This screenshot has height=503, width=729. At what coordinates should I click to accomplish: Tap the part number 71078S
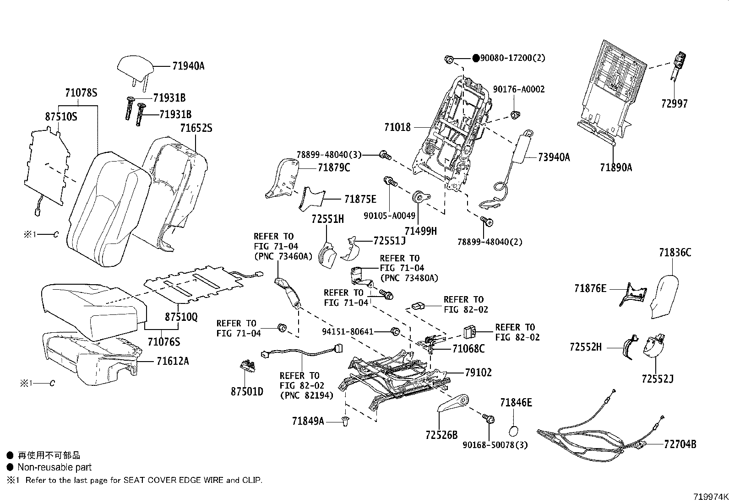point(81,93)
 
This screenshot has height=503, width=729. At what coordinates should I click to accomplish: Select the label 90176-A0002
point(519,89)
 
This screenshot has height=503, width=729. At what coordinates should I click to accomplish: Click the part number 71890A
point(616,168)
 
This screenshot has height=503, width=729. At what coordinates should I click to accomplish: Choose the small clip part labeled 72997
point(676,64)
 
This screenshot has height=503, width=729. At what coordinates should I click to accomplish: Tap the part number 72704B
point(680,444)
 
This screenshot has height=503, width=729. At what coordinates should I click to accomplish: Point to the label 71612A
point(172,361)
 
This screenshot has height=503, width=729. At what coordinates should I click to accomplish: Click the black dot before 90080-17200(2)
point(476,58)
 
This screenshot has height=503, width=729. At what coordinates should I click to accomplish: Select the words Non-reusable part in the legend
point(54,467)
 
